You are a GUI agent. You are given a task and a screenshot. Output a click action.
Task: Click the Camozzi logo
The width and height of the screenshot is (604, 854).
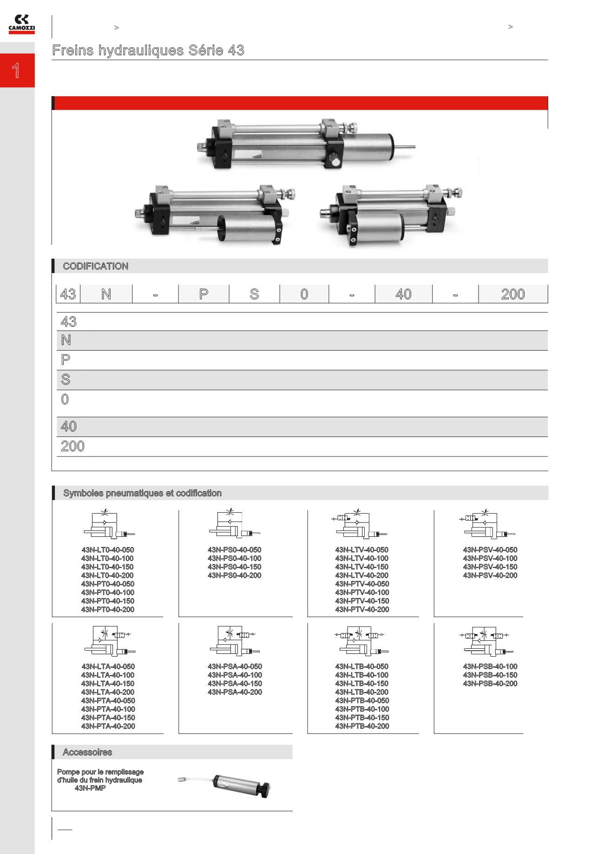click(x=21, y=24)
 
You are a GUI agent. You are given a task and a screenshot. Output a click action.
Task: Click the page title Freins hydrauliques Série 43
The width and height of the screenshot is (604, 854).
click(x=148, y=50)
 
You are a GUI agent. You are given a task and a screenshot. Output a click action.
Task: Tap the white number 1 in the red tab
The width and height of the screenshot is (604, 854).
click(x=16, y=71)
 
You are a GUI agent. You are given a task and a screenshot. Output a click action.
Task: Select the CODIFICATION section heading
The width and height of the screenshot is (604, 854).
click(x=96, y=266)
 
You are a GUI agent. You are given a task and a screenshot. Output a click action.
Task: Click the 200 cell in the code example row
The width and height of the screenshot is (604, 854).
click(x=513, y=294)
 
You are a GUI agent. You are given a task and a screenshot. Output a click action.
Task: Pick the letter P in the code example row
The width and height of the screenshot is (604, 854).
click(x=204, y=294)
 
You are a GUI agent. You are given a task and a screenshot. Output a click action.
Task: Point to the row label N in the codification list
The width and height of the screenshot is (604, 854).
click(x=66, y=340)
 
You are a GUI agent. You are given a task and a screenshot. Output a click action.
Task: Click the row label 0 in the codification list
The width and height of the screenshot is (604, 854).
click(x=65, y=399)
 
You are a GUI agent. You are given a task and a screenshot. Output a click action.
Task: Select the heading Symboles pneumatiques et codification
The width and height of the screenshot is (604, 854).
click(x=142, y=493)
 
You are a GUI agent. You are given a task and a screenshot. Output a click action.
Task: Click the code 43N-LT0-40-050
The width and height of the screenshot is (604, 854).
click(x=108, y=550)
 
